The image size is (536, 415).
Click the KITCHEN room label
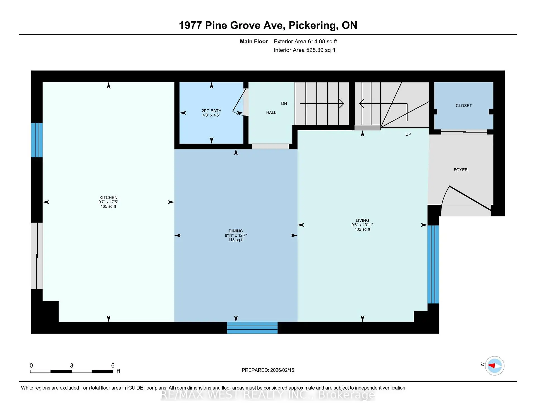tap(108, 197)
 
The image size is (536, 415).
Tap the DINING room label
tap(236, 231)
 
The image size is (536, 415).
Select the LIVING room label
tap(362, 220)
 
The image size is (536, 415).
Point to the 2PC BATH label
tap(211, 111)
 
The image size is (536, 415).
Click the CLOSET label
tap(464, 105)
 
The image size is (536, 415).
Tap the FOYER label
tap(461, 170)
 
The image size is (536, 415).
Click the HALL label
tap(271, 112)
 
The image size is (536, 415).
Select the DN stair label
tap(284, 103)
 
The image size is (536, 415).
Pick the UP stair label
tap(408, 134)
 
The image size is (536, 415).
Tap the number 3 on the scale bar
tap(71, 366)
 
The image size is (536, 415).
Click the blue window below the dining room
tap(252, 328)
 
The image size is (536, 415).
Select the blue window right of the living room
tap(433, 264)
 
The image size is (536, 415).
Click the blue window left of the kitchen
tap(37, 140)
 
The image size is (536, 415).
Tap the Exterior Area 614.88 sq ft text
tap(305, 41)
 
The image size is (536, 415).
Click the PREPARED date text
tap(268, 370)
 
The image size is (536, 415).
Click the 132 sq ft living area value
tap(362, 229)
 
